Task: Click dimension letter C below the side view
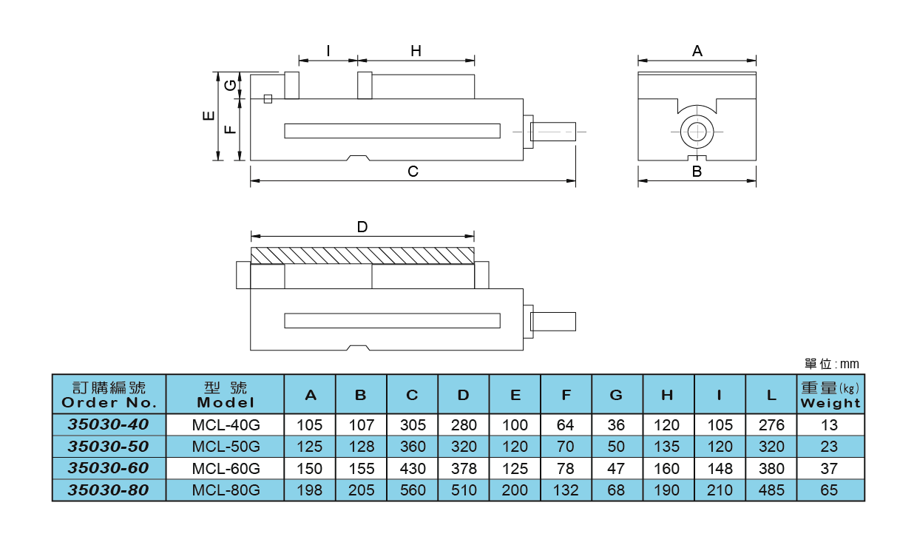click(413, 172)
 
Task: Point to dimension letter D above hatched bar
click(362, 227)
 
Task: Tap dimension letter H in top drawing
click(416, 51)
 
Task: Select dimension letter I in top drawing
click(328, 51)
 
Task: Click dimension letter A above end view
click(697, 51)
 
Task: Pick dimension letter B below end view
click(697, 172)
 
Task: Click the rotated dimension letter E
click(209, 115)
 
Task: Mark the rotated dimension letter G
click(231, 84)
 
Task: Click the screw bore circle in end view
click(697, 132)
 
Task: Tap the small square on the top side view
click(268, 99)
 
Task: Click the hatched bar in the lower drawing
click(362, 255)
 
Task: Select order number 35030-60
click(109, 468)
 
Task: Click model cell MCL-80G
click(226, 490)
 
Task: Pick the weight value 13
click(830, 425)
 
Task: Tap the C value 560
click(412, 490)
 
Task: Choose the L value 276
click(771, 425)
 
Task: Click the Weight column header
click(830, 395)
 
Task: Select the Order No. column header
click(109, 395)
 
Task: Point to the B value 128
click(361, 447)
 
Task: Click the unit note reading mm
click(832, 364)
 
